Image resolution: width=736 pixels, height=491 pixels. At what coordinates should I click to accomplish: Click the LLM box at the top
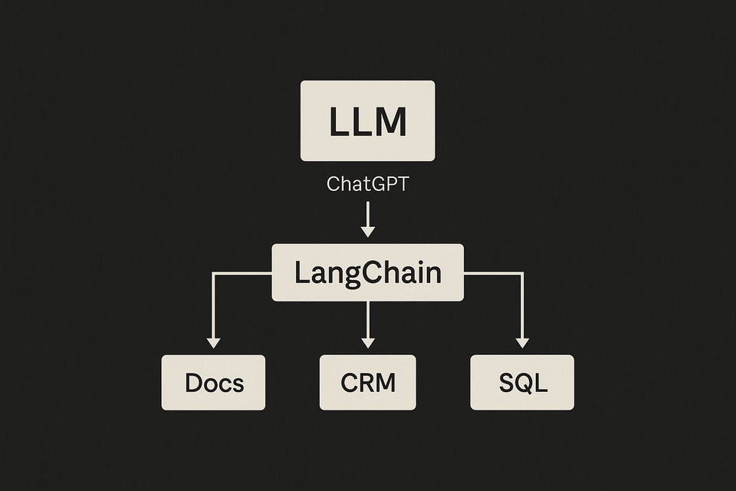[367, 120]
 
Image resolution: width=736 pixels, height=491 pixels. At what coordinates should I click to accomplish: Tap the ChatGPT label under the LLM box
[367, 184]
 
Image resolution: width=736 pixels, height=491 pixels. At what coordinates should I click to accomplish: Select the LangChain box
[367, 272]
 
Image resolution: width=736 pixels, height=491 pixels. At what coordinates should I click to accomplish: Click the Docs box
[213, 382]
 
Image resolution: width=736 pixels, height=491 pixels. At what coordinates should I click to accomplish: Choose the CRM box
[367, 382]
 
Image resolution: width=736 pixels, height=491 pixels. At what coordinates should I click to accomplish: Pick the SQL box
[521, 382]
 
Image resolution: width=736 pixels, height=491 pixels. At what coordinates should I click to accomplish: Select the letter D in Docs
[195, 383]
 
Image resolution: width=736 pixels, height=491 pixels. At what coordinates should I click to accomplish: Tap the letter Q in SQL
[523, 383]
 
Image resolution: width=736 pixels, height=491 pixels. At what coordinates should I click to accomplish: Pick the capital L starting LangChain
[301, 273]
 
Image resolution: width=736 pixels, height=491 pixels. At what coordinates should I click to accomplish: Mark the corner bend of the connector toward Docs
[213, 272]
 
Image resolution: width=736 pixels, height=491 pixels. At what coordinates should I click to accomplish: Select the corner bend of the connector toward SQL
[522, 272]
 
